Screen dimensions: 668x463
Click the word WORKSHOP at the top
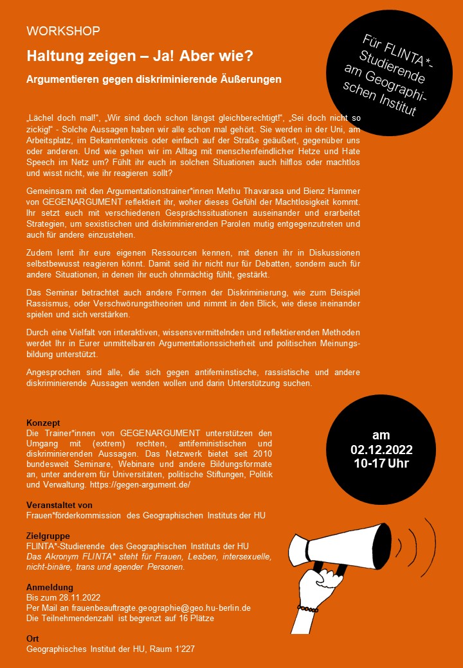click(63, 31)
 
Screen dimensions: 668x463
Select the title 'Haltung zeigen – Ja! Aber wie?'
click(140, 56)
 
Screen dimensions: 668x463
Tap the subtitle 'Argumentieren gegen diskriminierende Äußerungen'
click(154, 80)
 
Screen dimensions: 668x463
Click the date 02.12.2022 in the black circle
click(381, 449)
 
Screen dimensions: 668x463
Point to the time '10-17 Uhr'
click(381, 462)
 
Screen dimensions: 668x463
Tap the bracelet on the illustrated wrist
click(307, 607)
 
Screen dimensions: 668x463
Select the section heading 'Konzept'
click(43, 423)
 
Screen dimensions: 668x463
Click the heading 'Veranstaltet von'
click(59, 505)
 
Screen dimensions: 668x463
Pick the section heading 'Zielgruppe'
click(48, 536)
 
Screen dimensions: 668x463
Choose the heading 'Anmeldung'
click(50, 587)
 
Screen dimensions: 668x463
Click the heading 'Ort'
click(32, 638)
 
